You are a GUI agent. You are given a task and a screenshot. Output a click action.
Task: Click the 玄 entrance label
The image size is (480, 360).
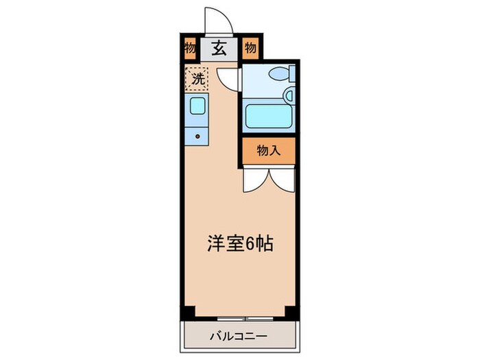coord(219,49)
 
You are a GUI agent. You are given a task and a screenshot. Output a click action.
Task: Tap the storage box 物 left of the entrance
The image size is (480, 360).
coord(189,49)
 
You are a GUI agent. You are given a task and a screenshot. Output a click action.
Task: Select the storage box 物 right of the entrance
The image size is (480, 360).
coord(250,49)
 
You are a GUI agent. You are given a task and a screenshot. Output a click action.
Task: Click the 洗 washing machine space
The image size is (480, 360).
coord(196,78)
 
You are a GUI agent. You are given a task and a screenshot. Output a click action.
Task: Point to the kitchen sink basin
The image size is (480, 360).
coord(197,106)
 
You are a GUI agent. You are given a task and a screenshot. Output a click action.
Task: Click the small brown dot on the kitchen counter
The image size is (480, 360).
coord(197,136)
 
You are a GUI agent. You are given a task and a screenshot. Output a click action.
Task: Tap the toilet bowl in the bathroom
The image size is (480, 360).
coord(278,73)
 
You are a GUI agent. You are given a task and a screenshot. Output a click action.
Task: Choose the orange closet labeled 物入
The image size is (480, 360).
coord(268,152)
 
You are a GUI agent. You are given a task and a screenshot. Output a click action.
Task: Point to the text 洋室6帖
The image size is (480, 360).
coord(240,243)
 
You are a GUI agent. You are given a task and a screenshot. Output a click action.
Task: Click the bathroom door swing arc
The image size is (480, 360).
coord(229,80)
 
